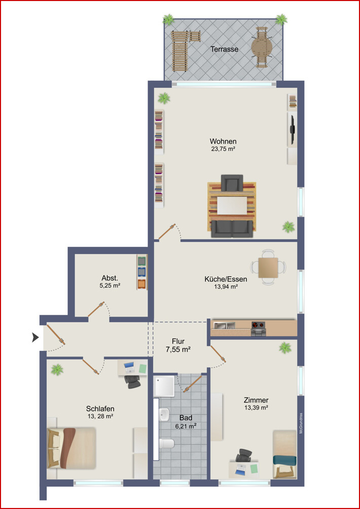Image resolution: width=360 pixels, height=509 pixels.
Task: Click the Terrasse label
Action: tap(224, 50)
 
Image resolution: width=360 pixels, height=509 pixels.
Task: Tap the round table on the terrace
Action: tap(262, 47)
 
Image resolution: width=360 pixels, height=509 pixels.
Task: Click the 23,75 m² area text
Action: tap(223, 150)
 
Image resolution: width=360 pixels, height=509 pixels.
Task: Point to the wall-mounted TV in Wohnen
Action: tap(292, 129)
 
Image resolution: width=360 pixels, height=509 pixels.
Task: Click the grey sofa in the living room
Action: tap(232, 229)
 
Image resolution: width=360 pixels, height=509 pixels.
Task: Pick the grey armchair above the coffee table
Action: tap(232, 183)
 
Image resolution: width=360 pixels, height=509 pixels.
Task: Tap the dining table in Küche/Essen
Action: tap(268, 268)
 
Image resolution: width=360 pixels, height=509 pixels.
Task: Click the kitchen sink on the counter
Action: tap(224, 324)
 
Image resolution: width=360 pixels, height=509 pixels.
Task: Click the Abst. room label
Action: tap(110, 278)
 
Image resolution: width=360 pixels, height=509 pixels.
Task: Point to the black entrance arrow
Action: tap(35, 338)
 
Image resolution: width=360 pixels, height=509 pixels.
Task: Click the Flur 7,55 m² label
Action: tap(178, 345)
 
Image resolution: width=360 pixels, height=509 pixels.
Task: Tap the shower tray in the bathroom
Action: tap(164, 386)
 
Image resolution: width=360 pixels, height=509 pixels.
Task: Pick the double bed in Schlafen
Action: tap(71, 448)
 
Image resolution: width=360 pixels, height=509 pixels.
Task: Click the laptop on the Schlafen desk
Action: tap(129, 368)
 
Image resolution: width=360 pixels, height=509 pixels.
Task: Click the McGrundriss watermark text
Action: tap(301, 423)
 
